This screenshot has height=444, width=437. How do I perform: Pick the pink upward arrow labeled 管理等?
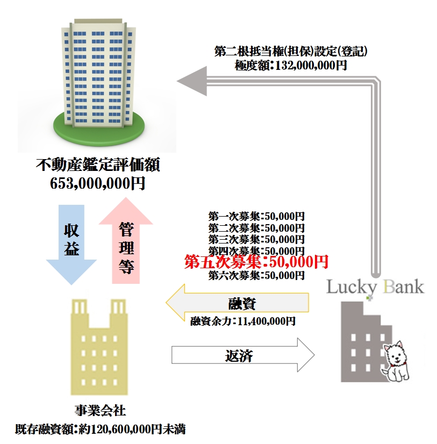click(126, 242)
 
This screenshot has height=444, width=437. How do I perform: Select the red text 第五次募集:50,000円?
click(256, 262)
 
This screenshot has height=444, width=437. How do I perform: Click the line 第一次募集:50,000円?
click(256, 217)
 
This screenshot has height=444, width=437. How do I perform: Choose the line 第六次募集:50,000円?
click(256, 276)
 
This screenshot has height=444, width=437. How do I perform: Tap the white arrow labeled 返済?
click(242, 355)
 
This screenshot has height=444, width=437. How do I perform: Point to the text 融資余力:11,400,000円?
click(243, 321)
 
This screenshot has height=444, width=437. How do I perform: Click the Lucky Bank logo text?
click(375, 286)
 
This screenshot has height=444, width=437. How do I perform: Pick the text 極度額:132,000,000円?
click(291, 65)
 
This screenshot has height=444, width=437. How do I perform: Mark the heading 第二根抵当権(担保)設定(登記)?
click(291, 52)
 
